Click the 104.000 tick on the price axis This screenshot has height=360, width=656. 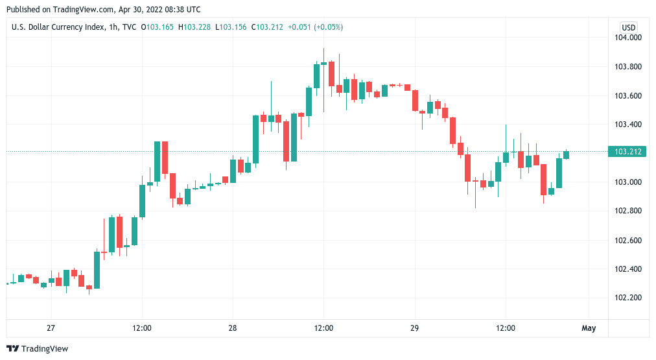(x=627, y=37)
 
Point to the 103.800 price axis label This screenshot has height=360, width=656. (x=627, y=67)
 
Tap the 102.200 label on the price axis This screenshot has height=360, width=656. (x=627, y=298)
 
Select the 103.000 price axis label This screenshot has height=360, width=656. (x=627, y=182)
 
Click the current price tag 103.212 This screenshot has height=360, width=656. (x=627, y=152)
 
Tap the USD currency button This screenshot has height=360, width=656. (x=628, y=28)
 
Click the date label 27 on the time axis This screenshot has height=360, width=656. (x=51, y=328)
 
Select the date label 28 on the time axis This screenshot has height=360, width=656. (x=233, y=328)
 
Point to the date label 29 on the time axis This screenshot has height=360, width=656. (x=415, y=328)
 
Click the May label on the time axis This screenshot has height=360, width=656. (x=589, y=328)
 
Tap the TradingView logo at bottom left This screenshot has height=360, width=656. (x=37, y=349)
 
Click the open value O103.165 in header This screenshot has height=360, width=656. (x=158, y=27)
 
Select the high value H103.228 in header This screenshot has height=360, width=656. (x=194, y=27)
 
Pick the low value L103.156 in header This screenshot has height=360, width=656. (x=231, y=27)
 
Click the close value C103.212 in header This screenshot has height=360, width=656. (x=267, y=27)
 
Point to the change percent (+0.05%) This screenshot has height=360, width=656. (x=329, y=27)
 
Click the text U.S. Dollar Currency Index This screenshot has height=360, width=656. (x=58, y=27)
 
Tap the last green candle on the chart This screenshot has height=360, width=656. (x=567, y=154)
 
